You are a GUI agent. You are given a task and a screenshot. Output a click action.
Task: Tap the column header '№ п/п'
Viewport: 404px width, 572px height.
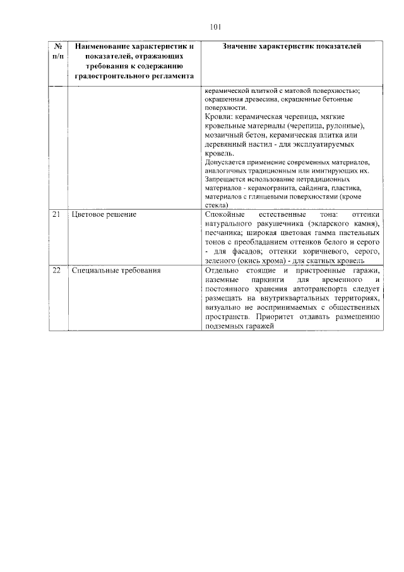[57, 51]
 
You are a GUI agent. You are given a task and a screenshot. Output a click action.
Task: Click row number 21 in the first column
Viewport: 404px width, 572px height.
[56, 216]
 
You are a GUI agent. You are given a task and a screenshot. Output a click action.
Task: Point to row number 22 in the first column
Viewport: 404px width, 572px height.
[56, 271]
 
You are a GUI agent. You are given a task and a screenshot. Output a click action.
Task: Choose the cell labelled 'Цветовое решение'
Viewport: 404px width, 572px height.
[104, 216]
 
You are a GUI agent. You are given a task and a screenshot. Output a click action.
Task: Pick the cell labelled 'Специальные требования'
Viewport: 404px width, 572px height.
[116, 271]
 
